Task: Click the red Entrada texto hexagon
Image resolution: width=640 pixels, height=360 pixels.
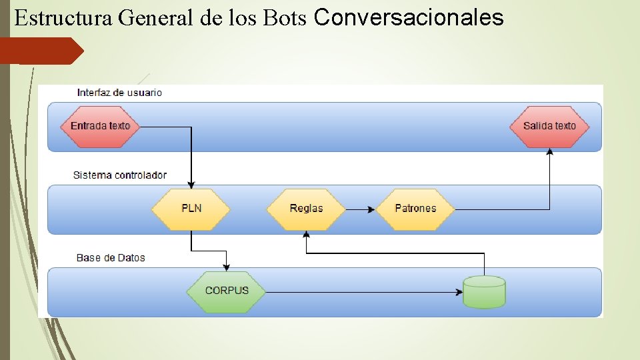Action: pyautogui.click(x=100, y=126)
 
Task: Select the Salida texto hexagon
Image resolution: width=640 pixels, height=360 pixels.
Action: pyautogui.click(x=549, y=126)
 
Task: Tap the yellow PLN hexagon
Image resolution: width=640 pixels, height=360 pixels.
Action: pyautogui.click(x=191, y=209)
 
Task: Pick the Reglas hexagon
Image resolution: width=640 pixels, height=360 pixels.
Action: pyautogui.click(x=306, y=209)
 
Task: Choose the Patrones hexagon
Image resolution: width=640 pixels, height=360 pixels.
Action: pyautogui.click(x=415, y=209)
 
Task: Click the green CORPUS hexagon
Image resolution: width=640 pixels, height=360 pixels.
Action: pyautogui.click(x=227, y=291)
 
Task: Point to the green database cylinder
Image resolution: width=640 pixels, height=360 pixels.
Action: pyautogui.click(x=484, y=291)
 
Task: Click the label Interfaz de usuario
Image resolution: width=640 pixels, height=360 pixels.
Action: pyautogui.click(x=119, y=93)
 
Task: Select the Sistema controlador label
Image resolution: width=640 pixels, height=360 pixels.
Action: pyautogui.click(x=120, y=175)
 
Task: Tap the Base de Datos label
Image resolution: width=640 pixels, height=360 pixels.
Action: pyautogui.click(x=111, y=258)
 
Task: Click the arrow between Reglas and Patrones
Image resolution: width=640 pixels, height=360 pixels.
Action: pyautogui.click(x=361, y=209)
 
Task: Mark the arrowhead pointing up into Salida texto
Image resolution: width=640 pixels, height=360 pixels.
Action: pyautogui.click(x=550, y=153)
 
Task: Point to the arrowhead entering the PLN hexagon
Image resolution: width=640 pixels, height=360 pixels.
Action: pyautogui.click(x=191, y=185)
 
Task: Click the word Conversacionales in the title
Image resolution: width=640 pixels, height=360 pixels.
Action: pyautogui.click(x=408, y=17)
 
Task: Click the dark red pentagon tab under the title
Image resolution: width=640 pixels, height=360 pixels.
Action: pyautogui.click(x=41, y=51)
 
